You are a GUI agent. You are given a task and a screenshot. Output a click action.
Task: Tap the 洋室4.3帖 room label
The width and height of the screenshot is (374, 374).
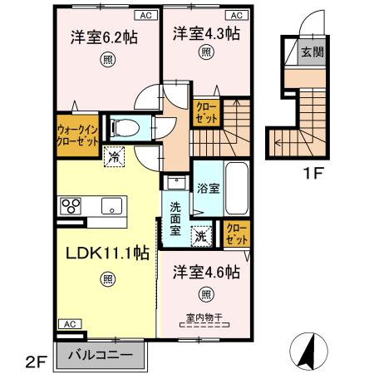click(206, 34)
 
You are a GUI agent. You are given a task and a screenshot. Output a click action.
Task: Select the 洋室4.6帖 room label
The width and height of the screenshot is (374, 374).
click(206, 273)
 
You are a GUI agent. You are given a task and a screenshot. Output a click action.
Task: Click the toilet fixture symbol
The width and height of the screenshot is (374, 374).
click(126, 127)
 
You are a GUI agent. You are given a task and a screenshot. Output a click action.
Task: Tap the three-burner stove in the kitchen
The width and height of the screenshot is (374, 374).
click(68, 205)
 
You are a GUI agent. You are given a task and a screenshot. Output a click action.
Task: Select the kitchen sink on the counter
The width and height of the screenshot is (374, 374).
click(111, 205)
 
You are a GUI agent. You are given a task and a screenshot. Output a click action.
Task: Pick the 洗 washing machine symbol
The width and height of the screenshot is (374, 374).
click(202, 235)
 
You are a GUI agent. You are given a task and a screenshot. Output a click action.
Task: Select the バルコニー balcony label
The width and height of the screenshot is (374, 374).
click(101, 355)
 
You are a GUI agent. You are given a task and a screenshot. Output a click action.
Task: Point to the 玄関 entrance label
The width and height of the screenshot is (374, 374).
click(311, 53)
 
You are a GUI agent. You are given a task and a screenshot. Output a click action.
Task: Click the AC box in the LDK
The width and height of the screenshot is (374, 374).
click(68, 323)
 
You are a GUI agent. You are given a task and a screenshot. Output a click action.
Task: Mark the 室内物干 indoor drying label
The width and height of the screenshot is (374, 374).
click(205, 315)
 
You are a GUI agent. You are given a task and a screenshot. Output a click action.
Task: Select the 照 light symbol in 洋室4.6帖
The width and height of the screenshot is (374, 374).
click(206, 293)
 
